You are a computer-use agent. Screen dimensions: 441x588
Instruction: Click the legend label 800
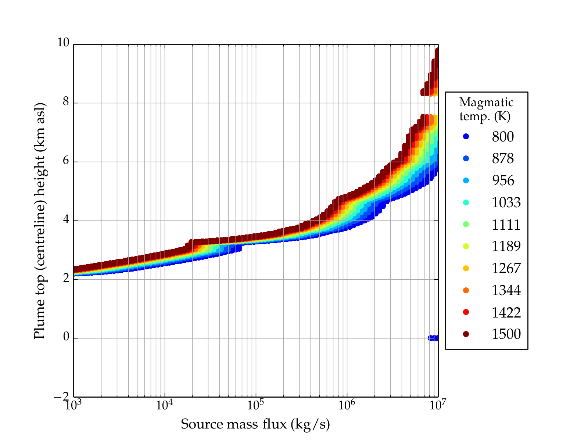click(503, 137)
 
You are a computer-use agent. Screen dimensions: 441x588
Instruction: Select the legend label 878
click(503, 159)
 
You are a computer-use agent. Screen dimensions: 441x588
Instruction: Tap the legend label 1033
click(506, 202)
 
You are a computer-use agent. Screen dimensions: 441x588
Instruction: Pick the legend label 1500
click(506, 334)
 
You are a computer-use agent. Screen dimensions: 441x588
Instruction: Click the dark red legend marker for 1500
click(466, 334)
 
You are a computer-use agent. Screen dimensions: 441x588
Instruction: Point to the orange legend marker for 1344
click(466, 290)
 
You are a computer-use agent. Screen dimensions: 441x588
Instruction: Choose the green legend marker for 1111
click(466, 224)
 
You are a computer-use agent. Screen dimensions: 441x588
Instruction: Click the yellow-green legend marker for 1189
click(466, 246)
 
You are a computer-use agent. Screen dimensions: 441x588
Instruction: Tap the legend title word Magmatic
click(486, 103)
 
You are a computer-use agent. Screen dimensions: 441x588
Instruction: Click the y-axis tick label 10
click(63, 43)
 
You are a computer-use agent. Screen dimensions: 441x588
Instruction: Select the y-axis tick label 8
click(66, 102)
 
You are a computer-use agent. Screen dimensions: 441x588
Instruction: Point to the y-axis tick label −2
click(61, 397)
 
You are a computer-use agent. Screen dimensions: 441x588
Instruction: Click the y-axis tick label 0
click(66, 337)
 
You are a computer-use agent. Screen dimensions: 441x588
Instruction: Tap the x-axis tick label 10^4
click(164, 405)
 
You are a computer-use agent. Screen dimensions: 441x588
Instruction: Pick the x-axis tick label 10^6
click(347, 405)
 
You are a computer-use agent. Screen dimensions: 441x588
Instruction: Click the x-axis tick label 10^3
click(73, 405)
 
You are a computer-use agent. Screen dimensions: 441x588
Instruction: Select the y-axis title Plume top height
click(39, 220)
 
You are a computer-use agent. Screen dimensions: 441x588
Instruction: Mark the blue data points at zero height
click(433, 338)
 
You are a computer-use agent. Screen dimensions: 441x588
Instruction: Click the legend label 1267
click(506, 268)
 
